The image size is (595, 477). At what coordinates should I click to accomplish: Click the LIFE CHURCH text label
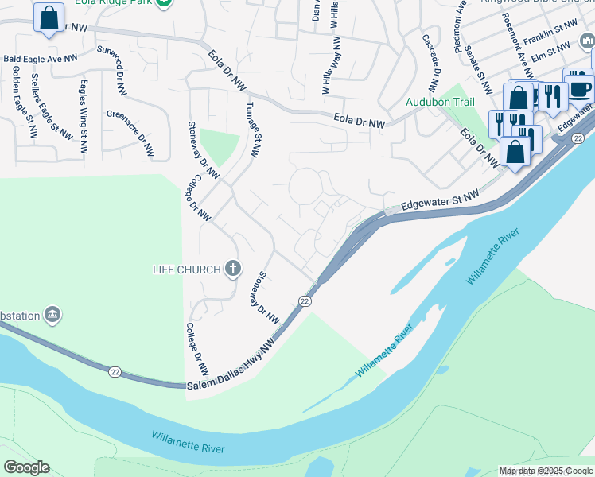click(186, 270)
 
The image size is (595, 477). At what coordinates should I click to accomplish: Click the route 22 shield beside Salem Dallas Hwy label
click(305, 301)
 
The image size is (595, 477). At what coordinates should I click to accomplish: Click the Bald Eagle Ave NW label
click(41, 58)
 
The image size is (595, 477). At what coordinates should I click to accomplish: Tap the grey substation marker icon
click(53, 315)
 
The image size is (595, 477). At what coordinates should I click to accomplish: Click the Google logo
click(26, 467)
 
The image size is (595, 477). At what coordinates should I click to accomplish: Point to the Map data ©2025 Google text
click(546, 471)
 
